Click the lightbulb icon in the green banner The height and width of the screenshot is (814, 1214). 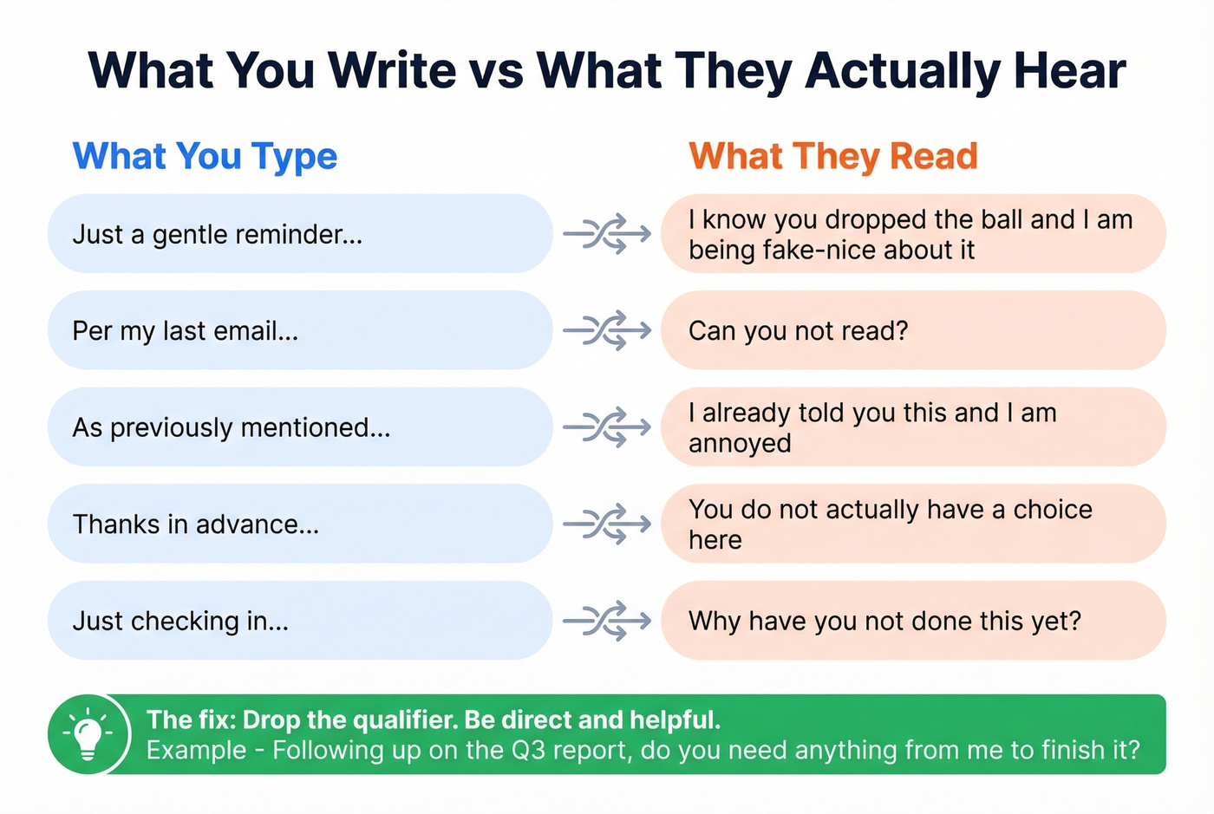pos(88,734)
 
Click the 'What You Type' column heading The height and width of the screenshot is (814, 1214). pos(205,157)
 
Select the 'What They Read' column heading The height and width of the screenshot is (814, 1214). pos(833,157)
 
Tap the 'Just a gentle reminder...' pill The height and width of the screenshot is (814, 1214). pos(299,234)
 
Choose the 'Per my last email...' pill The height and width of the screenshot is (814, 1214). pos(299,330)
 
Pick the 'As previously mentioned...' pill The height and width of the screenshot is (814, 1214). pos(299,427)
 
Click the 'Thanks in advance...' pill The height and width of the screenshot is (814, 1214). pos(299,524)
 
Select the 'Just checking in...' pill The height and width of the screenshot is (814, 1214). pos(299,621)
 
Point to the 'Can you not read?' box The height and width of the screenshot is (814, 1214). pos(913,330)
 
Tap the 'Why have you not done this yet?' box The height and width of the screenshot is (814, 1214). pos(913,621)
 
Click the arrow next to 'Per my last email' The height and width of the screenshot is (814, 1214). pos(607,330)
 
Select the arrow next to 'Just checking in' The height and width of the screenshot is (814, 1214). pos(607,621)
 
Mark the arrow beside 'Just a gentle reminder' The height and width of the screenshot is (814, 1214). pos(607,234)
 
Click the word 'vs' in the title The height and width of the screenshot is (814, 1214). pos(496,71)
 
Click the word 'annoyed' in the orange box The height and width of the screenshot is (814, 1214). pos(740,444)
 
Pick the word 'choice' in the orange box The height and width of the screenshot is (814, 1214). pos(1053,510)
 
